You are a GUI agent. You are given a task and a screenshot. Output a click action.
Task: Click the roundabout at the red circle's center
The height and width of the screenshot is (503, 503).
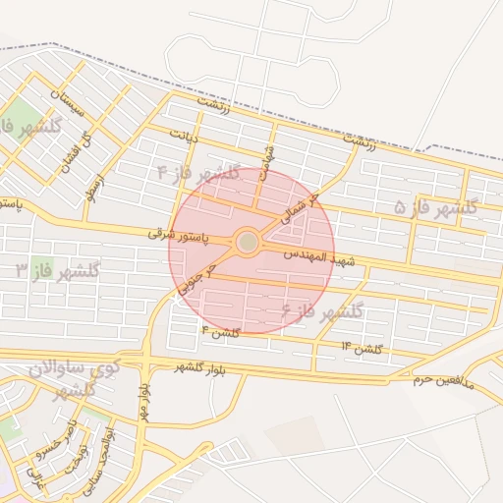(248, 241)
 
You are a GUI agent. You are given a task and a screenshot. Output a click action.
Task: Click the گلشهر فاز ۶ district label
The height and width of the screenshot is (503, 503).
(322, 311)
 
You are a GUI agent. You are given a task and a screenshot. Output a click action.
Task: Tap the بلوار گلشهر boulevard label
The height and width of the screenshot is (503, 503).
(199, 366)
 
